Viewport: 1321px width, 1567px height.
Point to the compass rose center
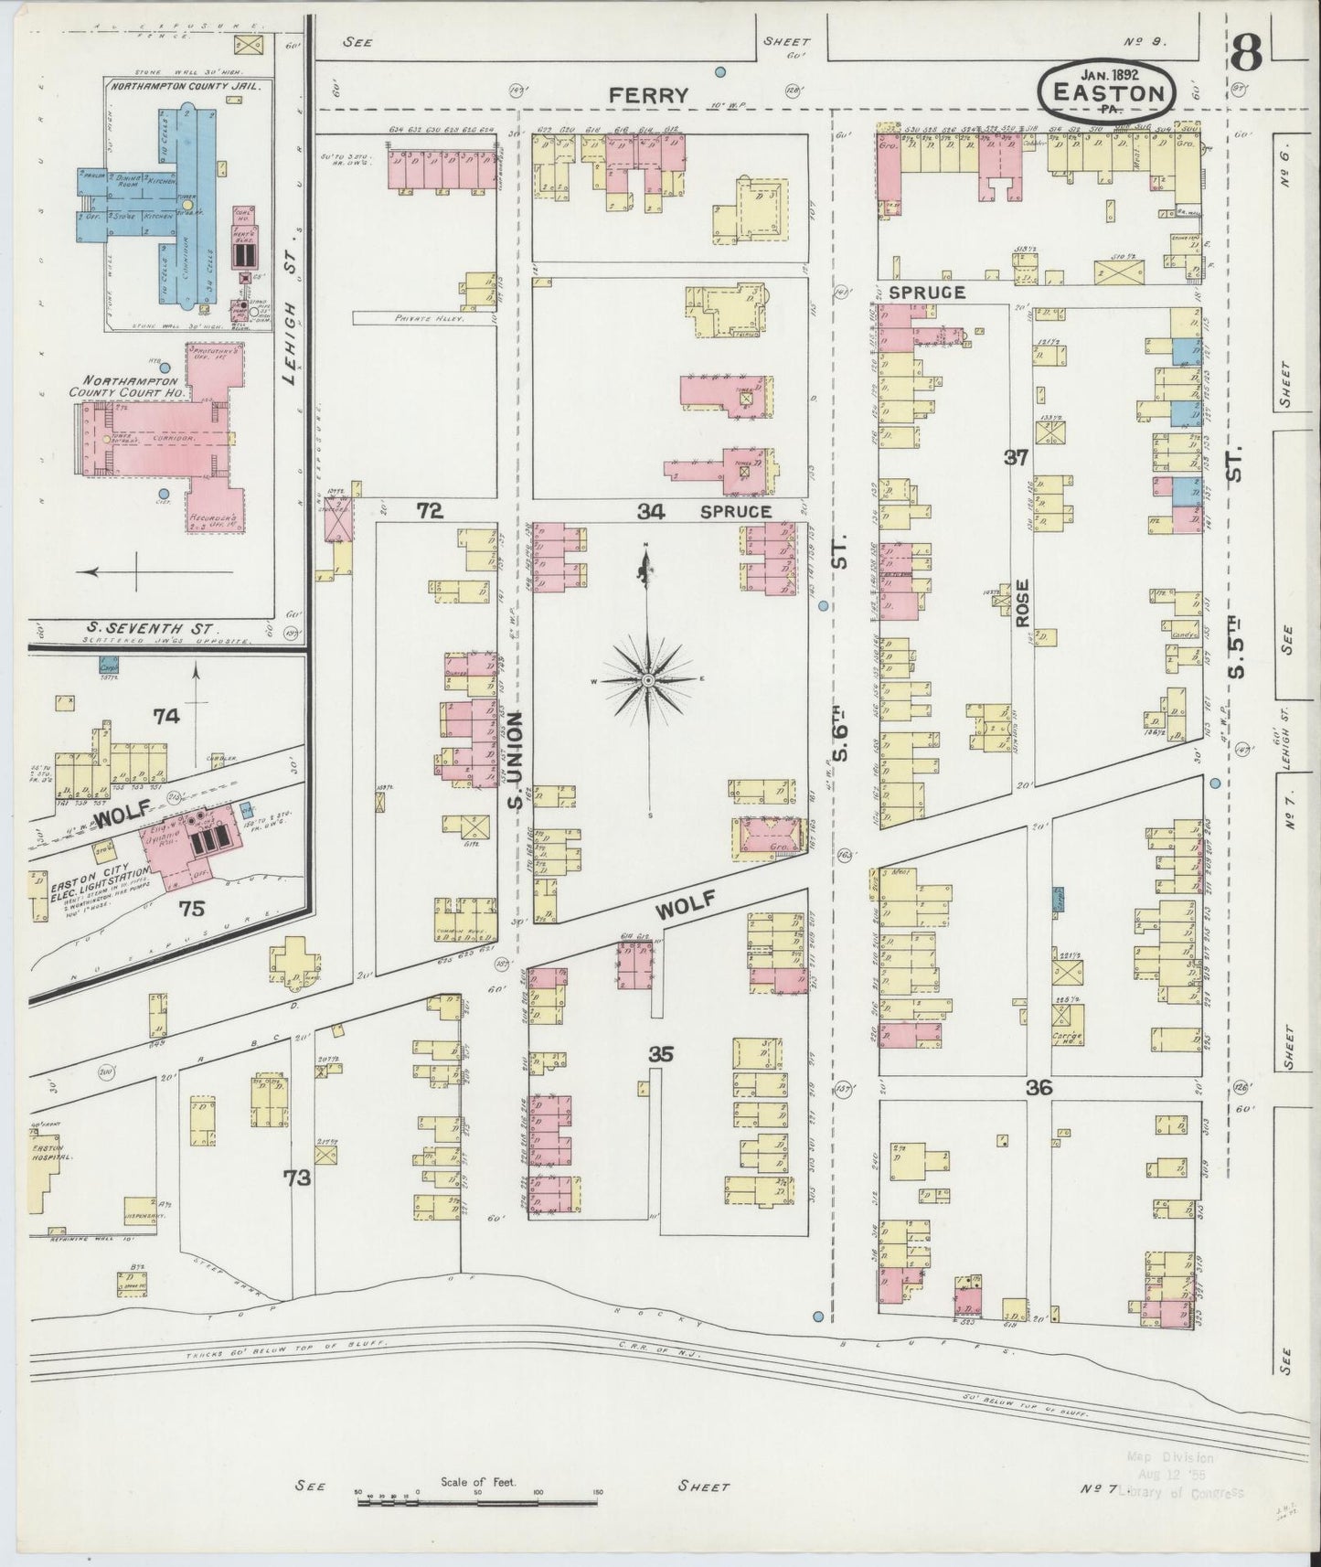pos(647,680)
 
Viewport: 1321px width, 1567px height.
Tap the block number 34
pos(650,511)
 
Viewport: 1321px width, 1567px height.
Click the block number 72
pos(430,511)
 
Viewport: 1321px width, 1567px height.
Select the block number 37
pos(1017,458)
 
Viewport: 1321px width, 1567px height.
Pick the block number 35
pos(661,1054)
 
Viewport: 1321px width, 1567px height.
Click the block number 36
pos(1039,1088)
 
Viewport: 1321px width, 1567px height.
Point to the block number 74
pos(166,716)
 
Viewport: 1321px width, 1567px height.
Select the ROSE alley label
pos(1021,602)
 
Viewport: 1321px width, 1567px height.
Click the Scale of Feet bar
pos(476,1501)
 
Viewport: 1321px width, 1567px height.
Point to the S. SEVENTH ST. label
pos(150,629)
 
